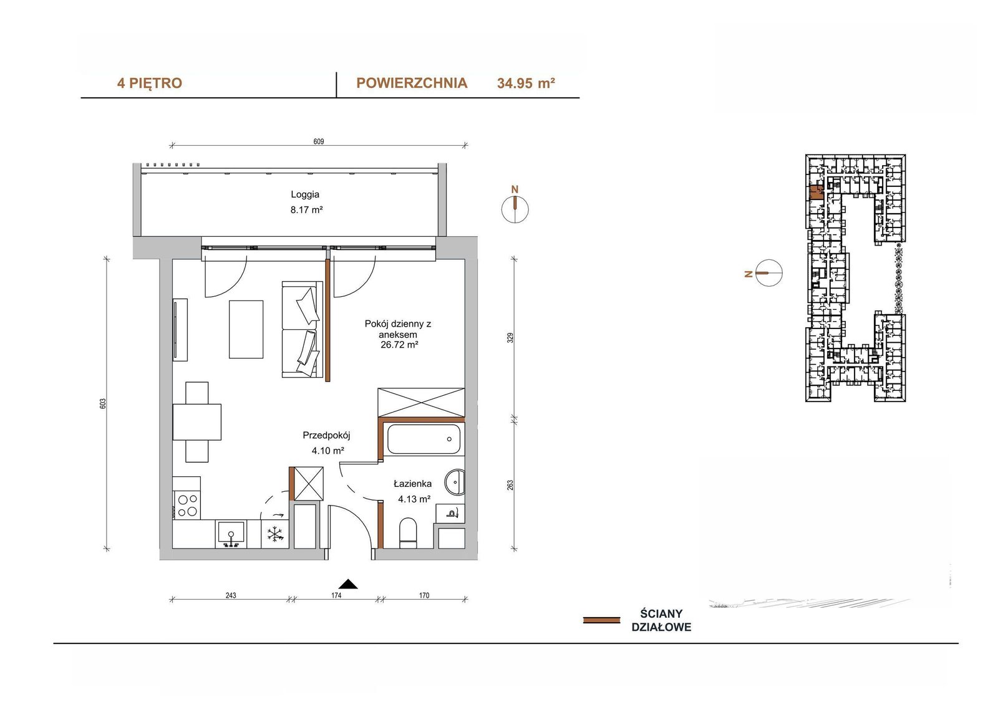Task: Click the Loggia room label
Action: tap(305, 194)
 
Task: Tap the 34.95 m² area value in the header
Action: tap(526, 84)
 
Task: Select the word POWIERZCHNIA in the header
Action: tap(412, 84)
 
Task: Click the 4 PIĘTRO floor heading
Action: tap(150, 84)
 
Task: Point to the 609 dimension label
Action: tap(319, 141)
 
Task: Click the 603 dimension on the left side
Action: tap(103, 404)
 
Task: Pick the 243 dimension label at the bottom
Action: tap(231, 595)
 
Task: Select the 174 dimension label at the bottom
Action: tap(336, 595)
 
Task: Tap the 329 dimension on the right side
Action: tap(511, 338)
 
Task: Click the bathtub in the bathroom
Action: tap(424, 439)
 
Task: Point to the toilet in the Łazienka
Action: tap(408, 533)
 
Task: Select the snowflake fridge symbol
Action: tap(275, 534)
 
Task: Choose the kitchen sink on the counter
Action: tap(231, 534)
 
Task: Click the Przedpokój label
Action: tap(327, 435)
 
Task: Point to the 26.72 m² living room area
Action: tap(399, 345)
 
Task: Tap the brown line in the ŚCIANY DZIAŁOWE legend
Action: tap(601, 620)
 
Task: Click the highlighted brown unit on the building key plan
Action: tap(816, 193)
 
